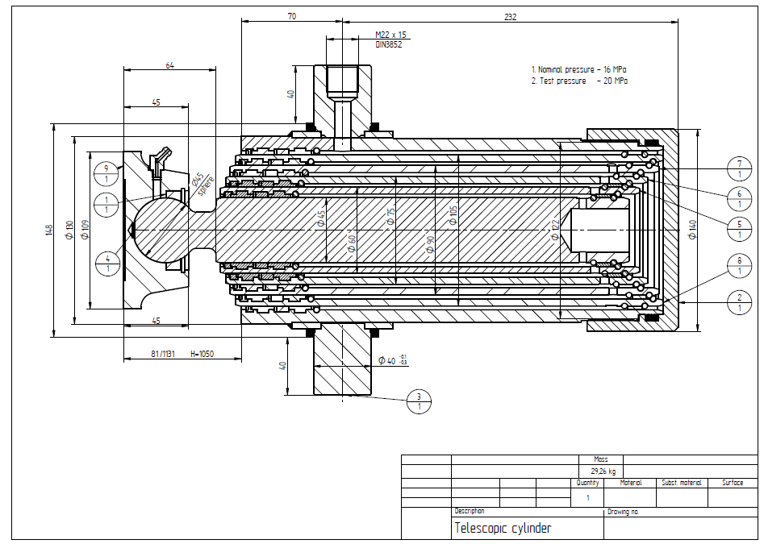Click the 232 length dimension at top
[x=510, y=16]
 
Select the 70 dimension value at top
[x=291, y=15]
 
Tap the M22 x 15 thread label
[x=391, y=35]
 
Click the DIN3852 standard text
[x=388, y=44]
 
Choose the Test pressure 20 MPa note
[x=578, y=81]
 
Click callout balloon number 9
[x=105, y=172]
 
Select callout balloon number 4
[x=105, y=263]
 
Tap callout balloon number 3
[x=419, y=401]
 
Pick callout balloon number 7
[x=739, y=168]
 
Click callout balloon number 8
[x=739, y=264]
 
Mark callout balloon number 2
[x=739, y=302]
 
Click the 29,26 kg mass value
[x=604, y=471]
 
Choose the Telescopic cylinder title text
[x=503, y=529]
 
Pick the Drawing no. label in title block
[x=623, y=512]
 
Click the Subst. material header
[x=682, y=483]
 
